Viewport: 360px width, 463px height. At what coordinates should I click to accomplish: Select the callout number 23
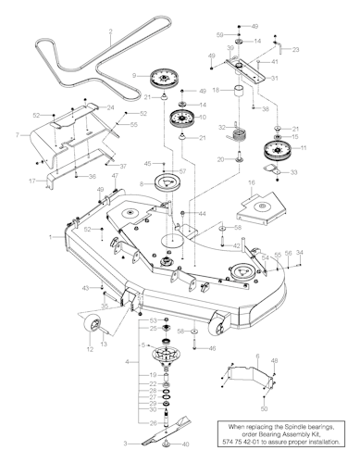295,51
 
